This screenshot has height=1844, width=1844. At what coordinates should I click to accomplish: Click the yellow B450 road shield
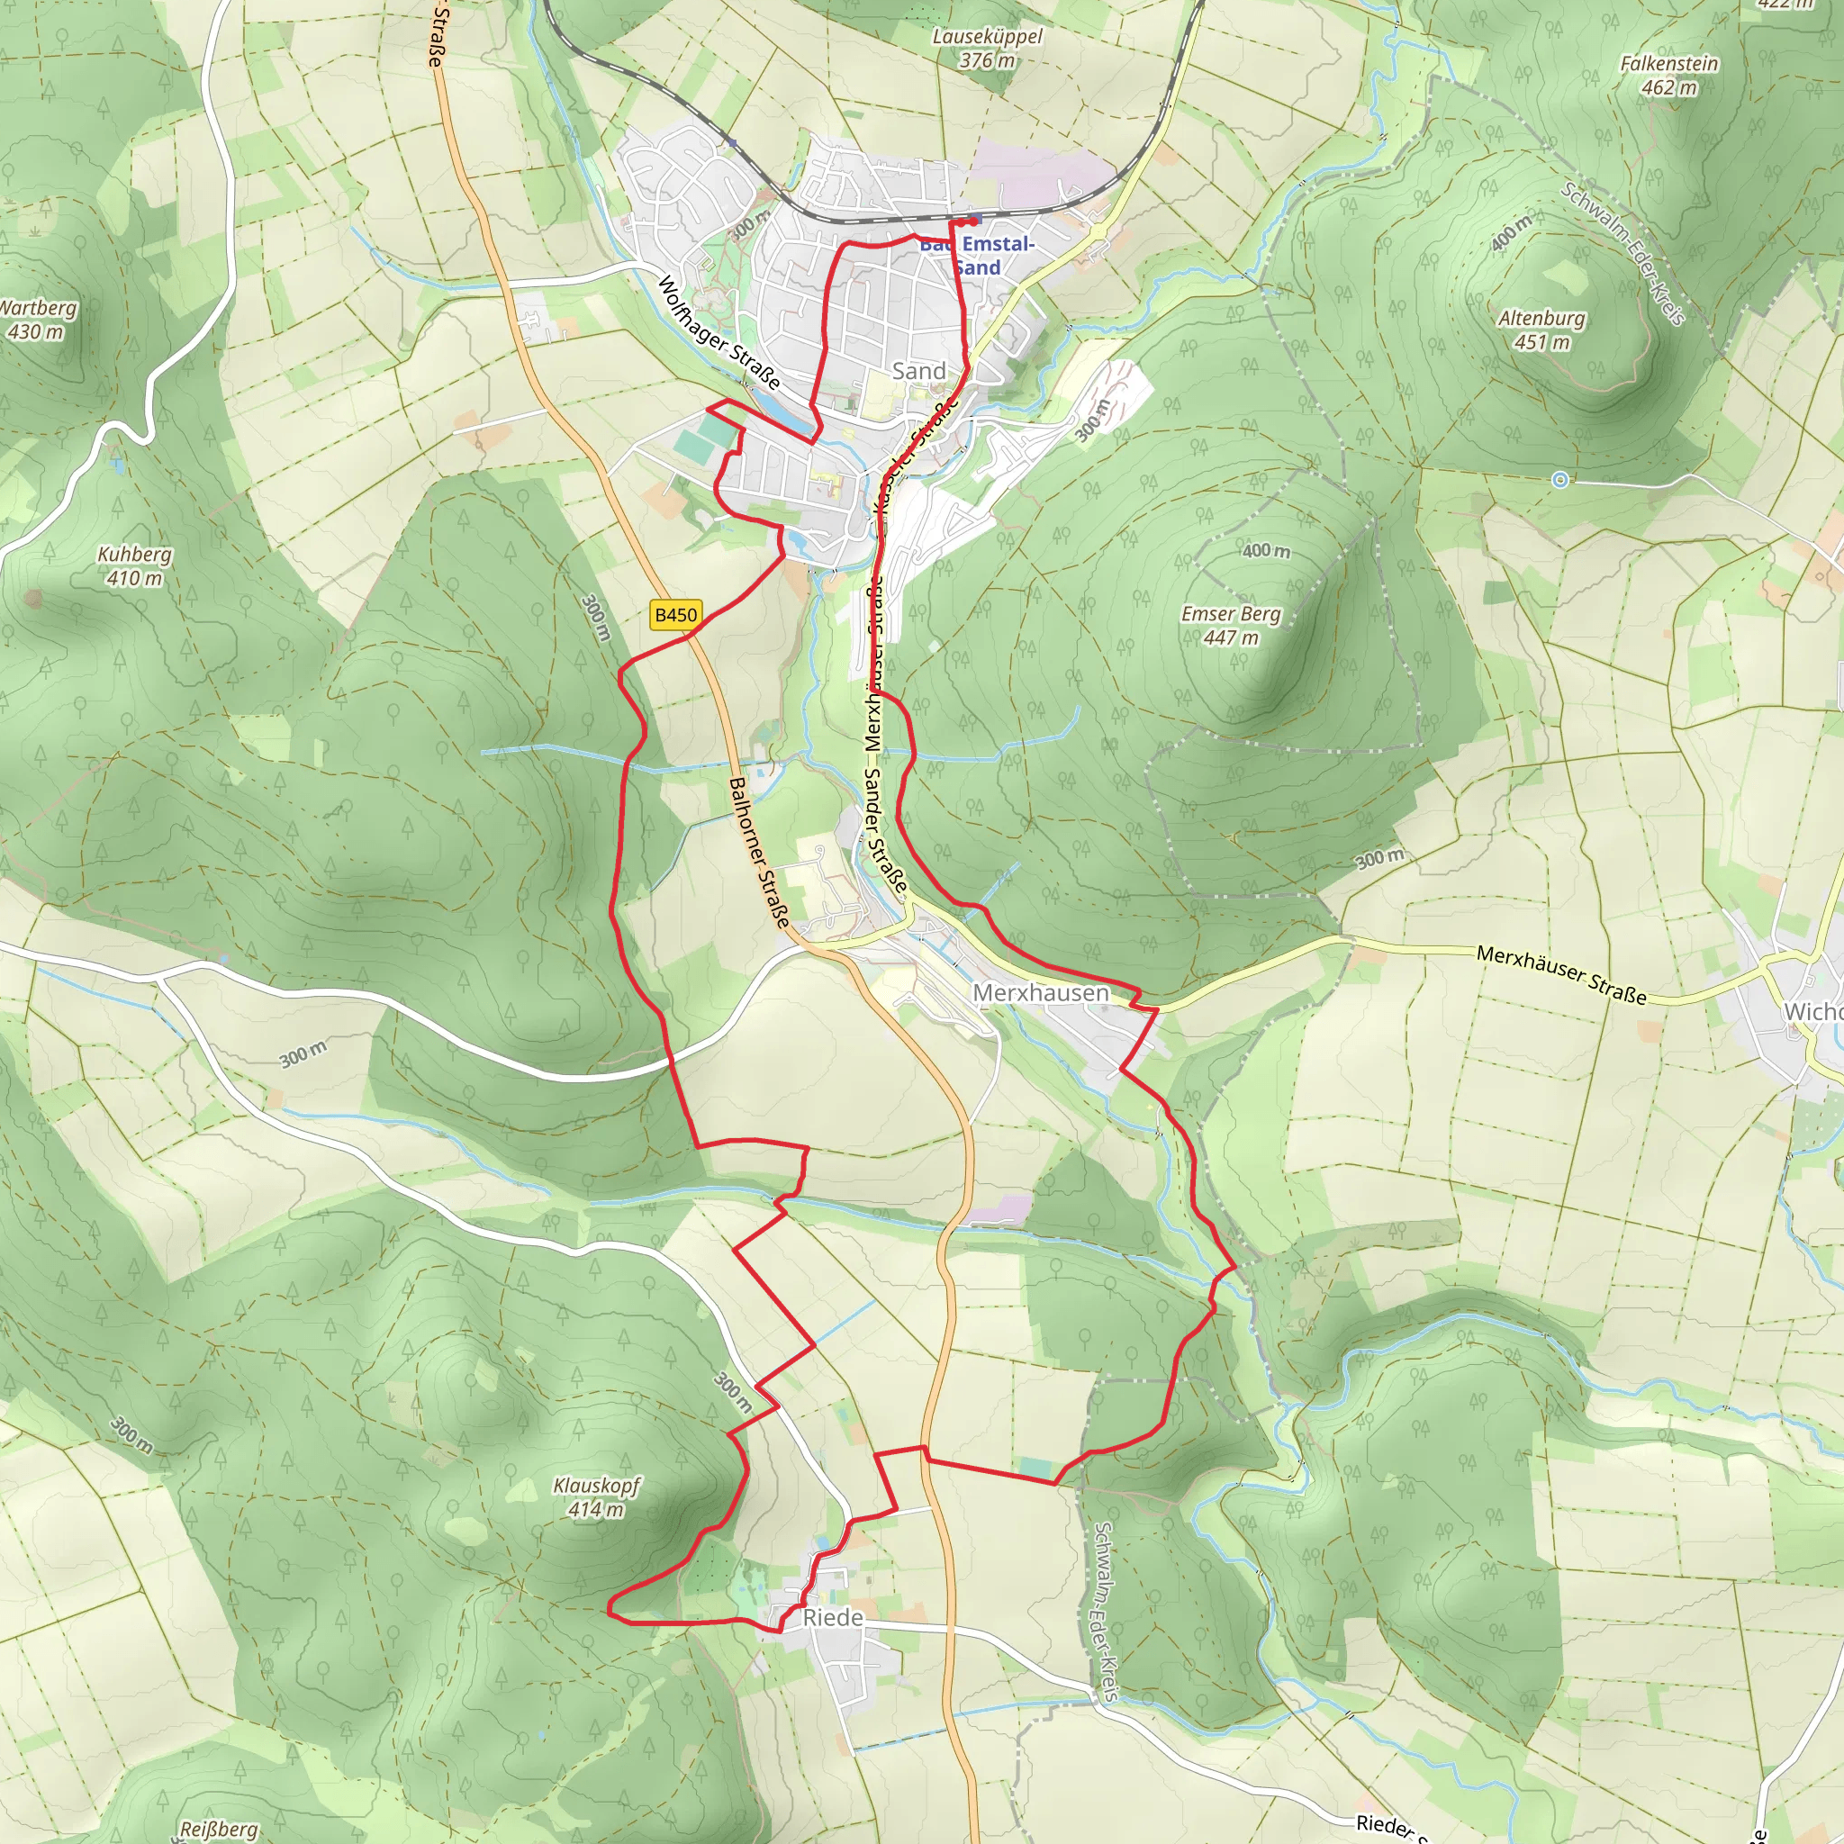pyautogui.click(x=676, y=615)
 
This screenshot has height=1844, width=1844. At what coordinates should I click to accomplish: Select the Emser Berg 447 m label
pyautogui.click(x=1230, y=625)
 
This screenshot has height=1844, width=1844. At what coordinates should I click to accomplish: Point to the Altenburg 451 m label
pyautogui.click(x=1541, y=330)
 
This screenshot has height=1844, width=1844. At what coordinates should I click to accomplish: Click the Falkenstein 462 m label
pyautogui.click(x=1668, y=75)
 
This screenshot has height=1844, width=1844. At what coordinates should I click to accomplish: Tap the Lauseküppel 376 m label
pyautogui.click(x=987, y=48)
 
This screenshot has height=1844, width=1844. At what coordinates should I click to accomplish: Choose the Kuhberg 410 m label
pyautogui.click(x=134, y=565)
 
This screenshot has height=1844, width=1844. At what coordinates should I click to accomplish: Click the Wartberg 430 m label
pyautogui.click(x=36, y=319)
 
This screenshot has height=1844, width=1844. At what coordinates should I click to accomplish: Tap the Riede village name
pyautogui.click(x=832, y=1617)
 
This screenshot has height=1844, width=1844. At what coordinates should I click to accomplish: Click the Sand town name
pyautogui.click(x=918, y=370)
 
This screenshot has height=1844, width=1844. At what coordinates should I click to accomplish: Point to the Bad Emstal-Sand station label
pyautogui.click(x=976, y=255)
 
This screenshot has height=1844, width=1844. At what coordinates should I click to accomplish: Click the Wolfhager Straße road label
pyautogui.click(x=719, y=333)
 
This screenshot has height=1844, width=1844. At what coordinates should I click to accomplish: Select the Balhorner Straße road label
pyautogui.click(x=759, y=852)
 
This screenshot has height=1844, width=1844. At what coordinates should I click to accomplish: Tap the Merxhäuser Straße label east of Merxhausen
pyautogui.click(x=1560, y=973)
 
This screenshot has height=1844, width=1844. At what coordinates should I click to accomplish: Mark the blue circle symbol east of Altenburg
pyautogui.click(x=1559, y=480)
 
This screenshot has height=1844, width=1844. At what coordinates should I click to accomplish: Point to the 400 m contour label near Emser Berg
pyautogui.click(x=1266, y=551)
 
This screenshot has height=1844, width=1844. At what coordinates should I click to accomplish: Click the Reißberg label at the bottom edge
pyautogui.click(x=219, y=1829)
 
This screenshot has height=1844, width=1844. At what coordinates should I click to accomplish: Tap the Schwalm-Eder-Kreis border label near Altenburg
pyautogui.click(x=1622, y=253)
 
